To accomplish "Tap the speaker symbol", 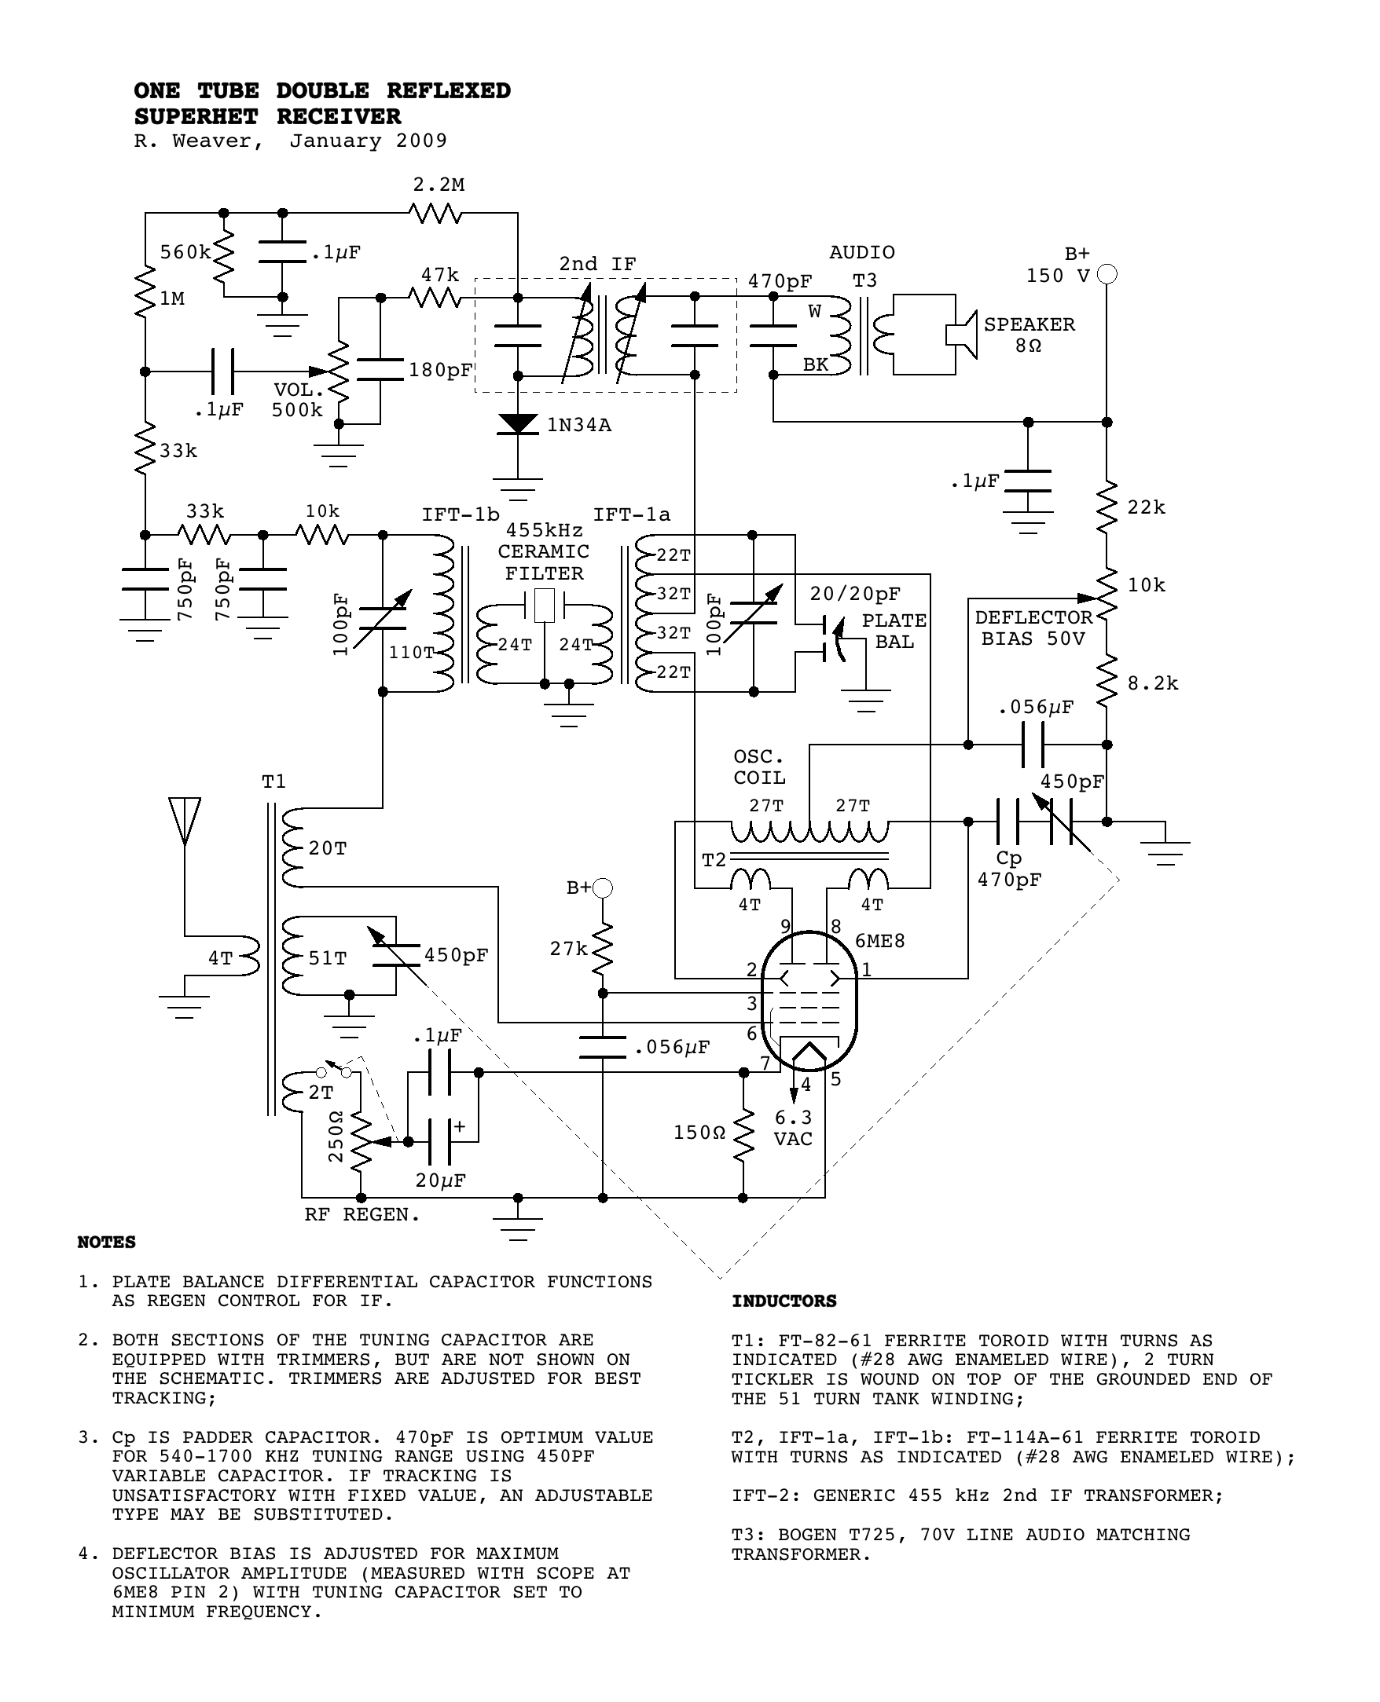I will click(960, 334).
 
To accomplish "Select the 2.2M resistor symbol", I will click(435, 213).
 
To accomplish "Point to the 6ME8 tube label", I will click(880, 941).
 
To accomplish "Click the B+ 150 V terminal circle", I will click(1107, 274).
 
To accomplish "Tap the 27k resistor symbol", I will click(603, 948).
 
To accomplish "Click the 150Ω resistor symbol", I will click(743, 1134).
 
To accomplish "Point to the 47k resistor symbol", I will click(435, 298).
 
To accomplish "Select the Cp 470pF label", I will click(1009, 869).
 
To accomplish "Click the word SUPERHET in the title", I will click(196, 117).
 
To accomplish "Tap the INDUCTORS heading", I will click(784, 1301).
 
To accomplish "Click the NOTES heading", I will click(107, 1242).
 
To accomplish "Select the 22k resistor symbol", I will click(1107, 507).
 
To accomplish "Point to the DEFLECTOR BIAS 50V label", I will click(1033, 628).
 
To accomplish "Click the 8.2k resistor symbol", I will click(1107, 682).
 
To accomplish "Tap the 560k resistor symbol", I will click(224, 253).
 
